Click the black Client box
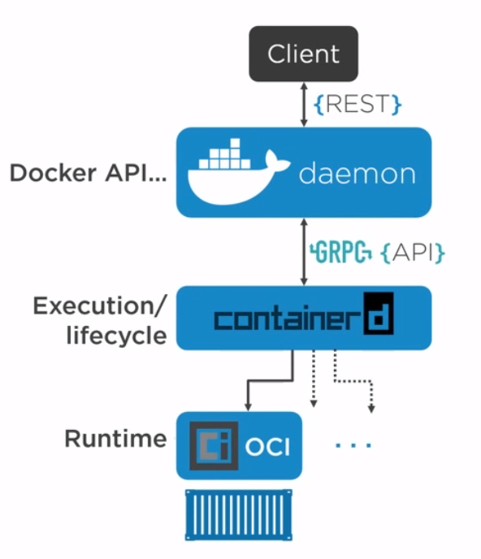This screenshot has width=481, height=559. click(x=303, y=54)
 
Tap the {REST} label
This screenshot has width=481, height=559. click(x=357, y=104)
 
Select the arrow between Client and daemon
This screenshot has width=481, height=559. click(x=304, y=105)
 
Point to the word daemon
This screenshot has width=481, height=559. click(x=357, y=173)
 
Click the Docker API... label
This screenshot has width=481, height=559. click(x=88, y=173)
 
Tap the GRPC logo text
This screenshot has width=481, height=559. click(x=340, y=252)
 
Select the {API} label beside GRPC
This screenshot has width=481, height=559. click(x=413, y=253)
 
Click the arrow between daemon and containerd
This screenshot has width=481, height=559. click(x=304, y=252)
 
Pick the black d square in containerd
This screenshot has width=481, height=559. click(x=379, y=314)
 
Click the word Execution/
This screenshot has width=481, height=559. click(x=100, y=305)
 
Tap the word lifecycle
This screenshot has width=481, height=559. click(x=117, y=335)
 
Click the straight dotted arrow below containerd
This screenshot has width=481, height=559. click(x=314, y=379)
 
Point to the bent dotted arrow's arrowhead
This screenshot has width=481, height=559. click(x=371, y=408)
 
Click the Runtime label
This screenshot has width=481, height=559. click(x=115, y=439)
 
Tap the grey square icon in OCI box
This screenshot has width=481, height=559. click(x=214, y=445)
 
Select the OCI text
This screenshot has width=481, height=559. click(x=267, y=447)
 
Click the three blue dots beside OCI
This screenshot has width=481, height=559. click(x=353, y=445)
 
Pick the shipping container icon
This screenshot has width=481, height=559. click(x=239, y=515)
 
